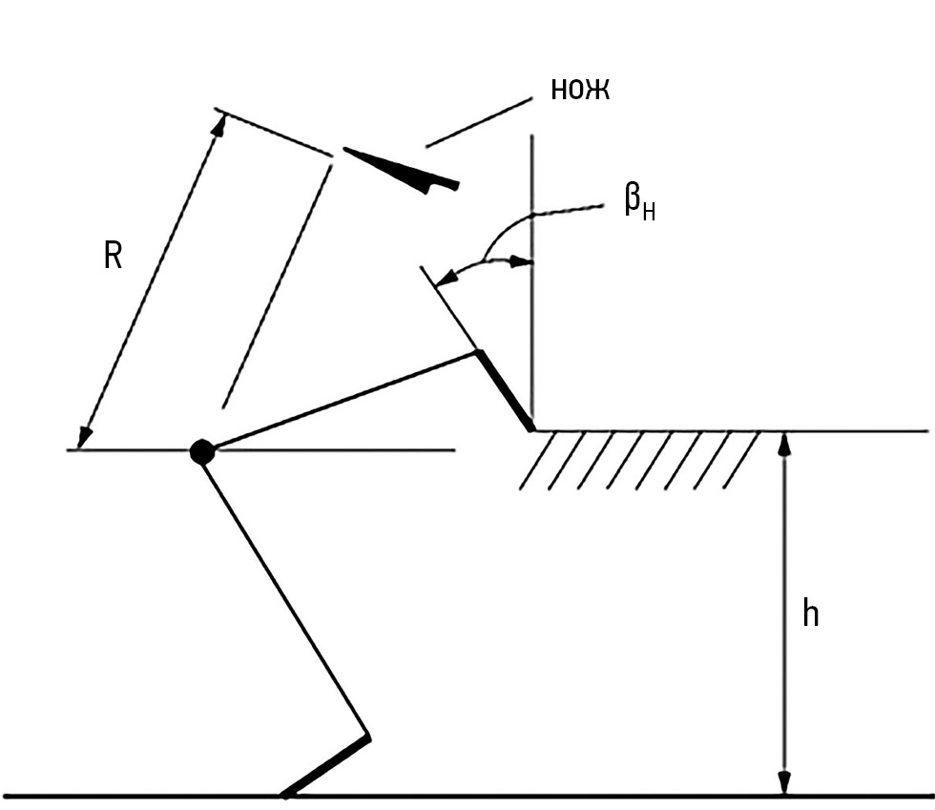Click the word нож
click(580, 89)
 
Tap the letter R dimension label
click(113, 256)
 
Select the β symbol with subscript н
click(639, 203)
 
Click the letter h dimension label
click(810, 613)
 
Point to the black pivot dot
click(201, 451)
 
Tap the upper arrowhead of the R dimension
click(218, 123)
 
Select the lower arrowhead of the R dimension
click(86, 437)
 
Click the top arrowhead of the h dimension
click(784, 441)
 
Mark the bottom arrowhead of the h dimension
click(784, 784)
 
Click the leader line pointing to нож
click(478, 121)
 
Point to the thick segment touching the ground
click(325, 765)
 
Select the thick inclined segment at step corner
click(505, 391)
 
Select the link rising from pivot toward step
click(343, 402)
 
